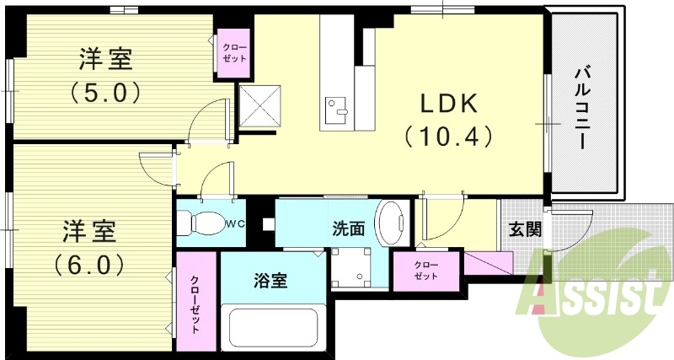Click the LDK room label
click(450, 104)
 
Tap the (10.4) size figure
click(448, 136)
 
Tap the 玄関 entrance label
click(525, 230)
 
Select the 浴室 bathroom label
click(271, 281)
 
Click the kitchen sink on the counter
click(339, 108)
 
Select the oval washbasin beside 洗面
click(391, 223)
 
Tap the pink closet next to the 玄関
click(426, 270)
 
